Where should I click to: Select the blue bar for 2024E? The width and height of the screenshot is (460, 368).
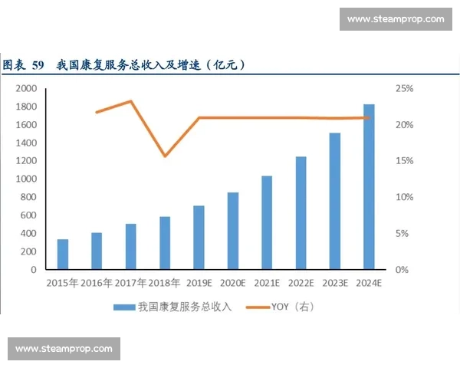[369, 187]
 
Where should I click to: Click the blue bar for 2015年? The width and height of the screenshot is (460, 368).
[63, 255]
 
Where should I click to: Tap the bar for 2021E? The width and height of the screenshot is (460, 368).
[267, 223]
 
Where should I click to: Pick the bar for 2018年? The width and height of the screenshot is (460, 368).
[165, 243]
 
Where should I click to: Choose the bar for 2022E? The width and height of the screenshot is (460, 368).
[301, 213]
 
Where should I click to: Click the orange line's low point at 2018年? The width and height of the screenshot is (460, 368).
[165, 156]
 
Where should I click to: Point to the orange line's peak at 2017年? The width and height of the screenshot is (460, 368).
[131, 101]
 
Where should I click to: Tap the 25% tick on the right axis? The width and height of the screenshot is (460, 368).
[404, 89]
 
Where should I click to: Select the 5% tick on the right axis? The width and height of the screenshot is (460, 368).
[402, 234]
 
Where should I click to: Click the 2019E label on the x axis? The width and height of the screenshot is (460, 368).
[199, 283]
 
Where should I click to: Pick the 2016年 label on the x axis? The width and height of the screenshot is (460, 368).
[97, 283]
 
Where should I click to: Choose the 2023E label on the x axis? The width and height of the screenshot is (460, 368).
[334, 283]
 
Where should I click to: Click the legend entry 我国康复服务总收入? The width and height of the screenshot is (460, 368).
[173, 307]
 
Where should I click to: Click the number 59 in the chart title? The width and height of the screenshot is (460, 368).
[38, 65]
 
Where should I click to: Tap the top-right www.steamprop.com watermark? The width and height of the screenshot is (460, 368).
[395, 18]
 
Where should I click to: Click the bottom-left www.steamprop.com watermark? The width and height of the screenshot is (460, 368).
[64, 349]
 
